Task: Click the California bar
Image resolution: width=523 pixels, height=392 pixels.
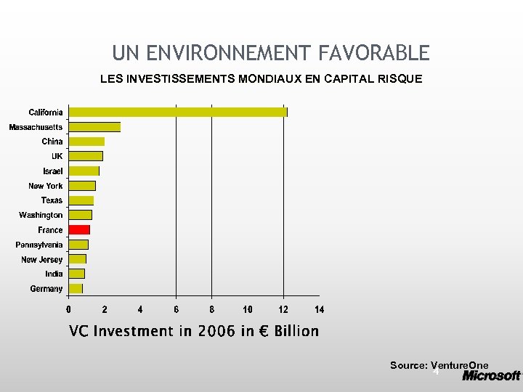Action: pos(178,112)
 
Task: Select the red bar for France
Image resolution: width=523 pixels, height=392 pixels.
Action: pos(79,229)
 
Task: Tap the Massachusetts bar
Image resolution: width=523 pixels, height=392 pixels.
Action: pos(94,127)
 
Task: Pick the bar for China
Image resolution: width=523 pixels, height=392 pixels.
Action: pos(86,142)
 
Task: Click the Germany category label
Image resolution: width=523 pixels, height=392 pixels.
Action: pos(46,289)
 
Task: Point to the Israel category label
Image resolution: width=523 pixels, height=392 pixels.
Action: pos(53,171)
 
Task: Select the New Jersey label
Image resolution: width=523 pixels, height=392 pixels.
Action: pos(42,259)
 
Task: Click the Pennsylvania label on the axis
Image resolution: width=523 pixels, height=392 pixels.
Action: pos(39,245)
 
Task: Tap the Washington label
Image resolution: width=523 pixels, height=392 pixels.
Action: pos(41,215)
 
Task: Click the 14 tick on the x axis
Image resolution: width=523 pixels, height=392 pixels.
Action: pos(319,309)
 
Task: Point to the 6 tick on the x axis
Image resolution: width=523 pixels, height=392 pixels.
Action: pos(176,309)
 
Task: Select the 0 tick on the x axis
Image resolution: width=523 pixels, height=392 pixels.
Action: pos(68,309)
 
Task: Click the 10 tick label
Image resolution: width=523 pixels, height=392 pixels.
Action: pos(248,309)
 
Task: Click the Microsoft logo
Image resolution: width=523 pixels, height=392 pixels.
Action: pos(491,375)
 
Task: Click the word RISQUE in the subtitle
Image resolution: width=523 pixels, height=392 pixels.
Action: pos(400,78)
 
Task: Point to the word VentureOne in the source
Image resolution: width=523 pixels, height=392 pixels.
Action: pos(459,365)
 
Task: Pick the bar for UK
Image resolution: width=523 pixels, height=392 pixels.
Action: pos(86,156)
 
